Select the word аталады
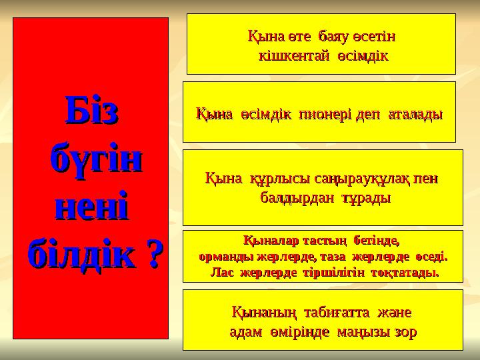click(415, 114)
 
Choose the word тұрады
click(366, 198)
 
